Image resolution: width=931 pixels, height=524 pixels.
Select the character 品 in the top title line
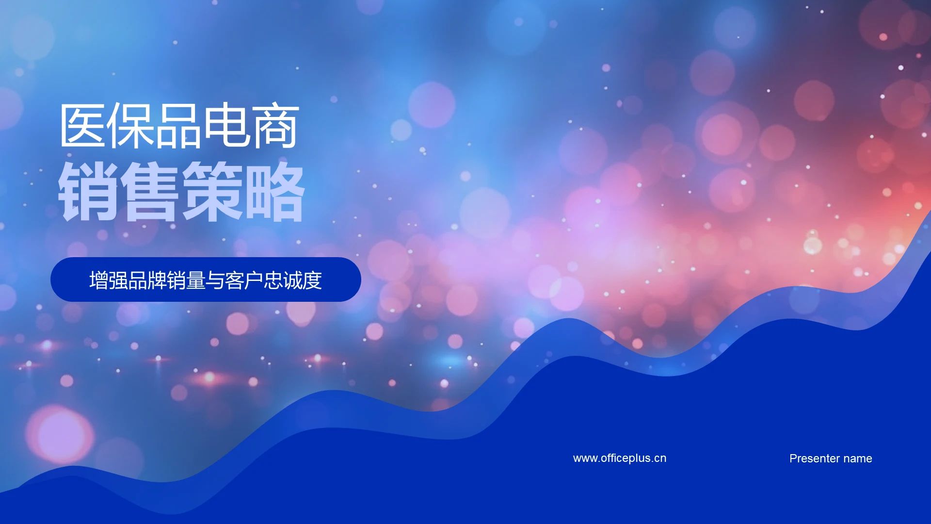point(179,126)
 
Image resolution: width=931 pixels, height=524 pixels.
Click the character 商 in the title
point(275,126)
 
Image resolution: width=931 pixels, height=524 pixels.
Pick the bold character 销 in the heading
point(88,192)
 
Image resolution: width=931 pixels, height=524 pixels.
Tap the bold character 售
point(150,192)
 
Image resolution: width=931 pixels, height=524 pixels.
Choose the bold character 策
point(212,192)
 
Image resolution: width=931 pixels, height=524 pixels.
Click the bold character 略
point(274,192)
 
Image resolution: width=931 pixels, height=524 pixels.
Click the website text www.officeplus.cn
point(619,458)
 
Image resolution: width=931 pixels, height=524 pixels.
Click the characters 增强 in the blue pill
point(109,280)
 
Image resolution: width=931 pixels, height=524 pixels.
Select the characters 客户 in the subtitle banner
point(244,280)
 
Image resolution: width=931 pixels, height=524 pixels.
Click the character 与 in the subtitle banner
point(215,280)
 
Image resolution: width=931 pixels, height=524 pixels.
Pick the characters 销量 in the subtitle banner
point(186,280)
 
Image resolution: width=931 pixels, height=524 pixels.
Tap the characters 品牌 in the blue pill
point(147,280)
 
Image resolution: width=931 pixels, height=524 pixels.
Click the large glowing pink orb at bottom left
point(60,434)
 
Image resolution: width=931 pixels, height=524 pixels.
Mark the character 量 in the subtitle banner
point(196,280)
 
